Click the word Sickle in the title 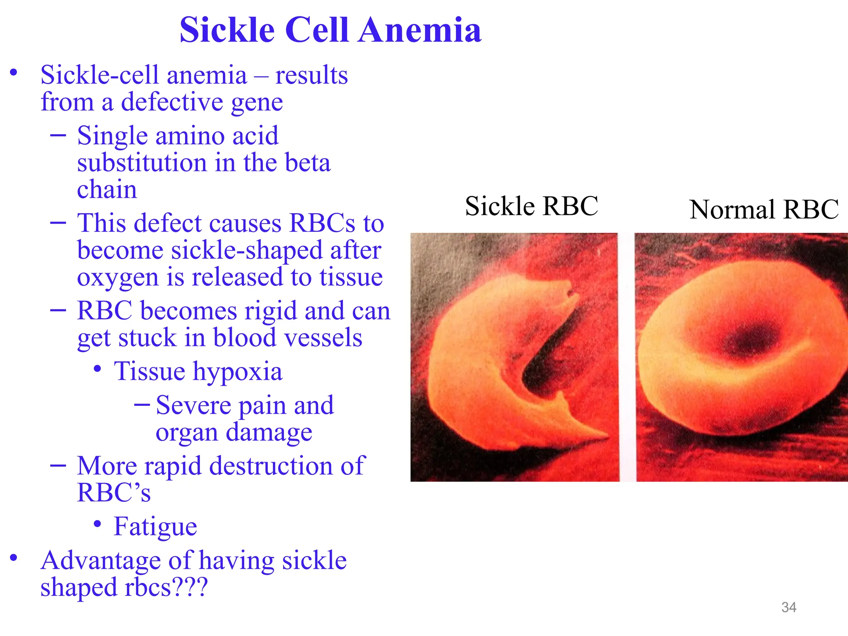click(x=227, y=30)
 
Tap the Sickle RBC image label click(x=531, y=206)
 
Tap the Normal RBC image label click(x=764, y=210)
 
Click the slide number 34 click(x=788, y=607)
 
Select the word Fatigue click(x=155, y=527)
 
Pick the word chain click(x=107, y=190)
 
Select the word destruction click(x=271, y=466)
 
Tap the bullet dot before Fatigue click(x=98, y=524)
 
